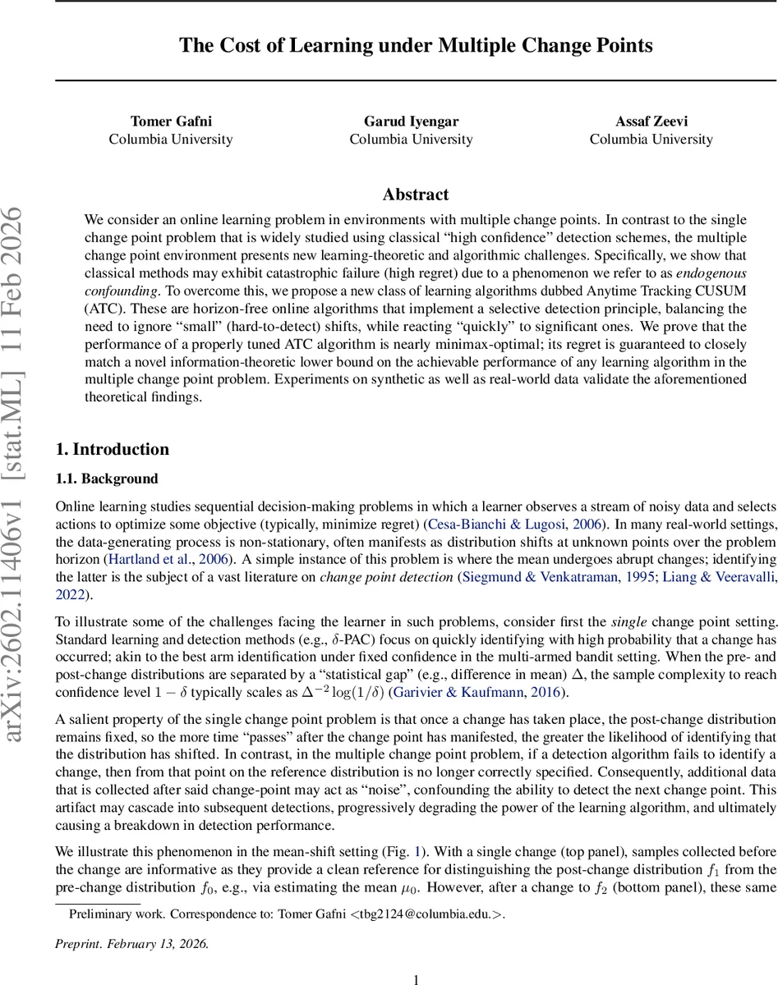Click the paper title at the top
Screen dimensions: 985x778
(416, 45)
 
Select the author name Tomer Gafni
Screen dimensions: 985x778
(171, 121)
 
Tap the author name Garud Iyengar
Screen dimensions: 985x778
(411, 121)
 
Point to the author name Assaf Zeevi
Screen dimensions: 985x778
(651, 121)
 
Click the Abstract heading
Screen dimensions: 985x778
(416, 195)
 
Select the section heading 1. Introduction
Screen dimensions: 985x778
(112, 449)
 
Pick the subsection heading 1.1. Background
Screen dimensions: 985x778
(106, 479)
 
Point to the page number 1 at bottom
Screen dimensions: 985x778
(416, 978)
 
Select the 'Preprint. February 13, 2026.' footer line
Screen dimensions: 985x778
(132, 944)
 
